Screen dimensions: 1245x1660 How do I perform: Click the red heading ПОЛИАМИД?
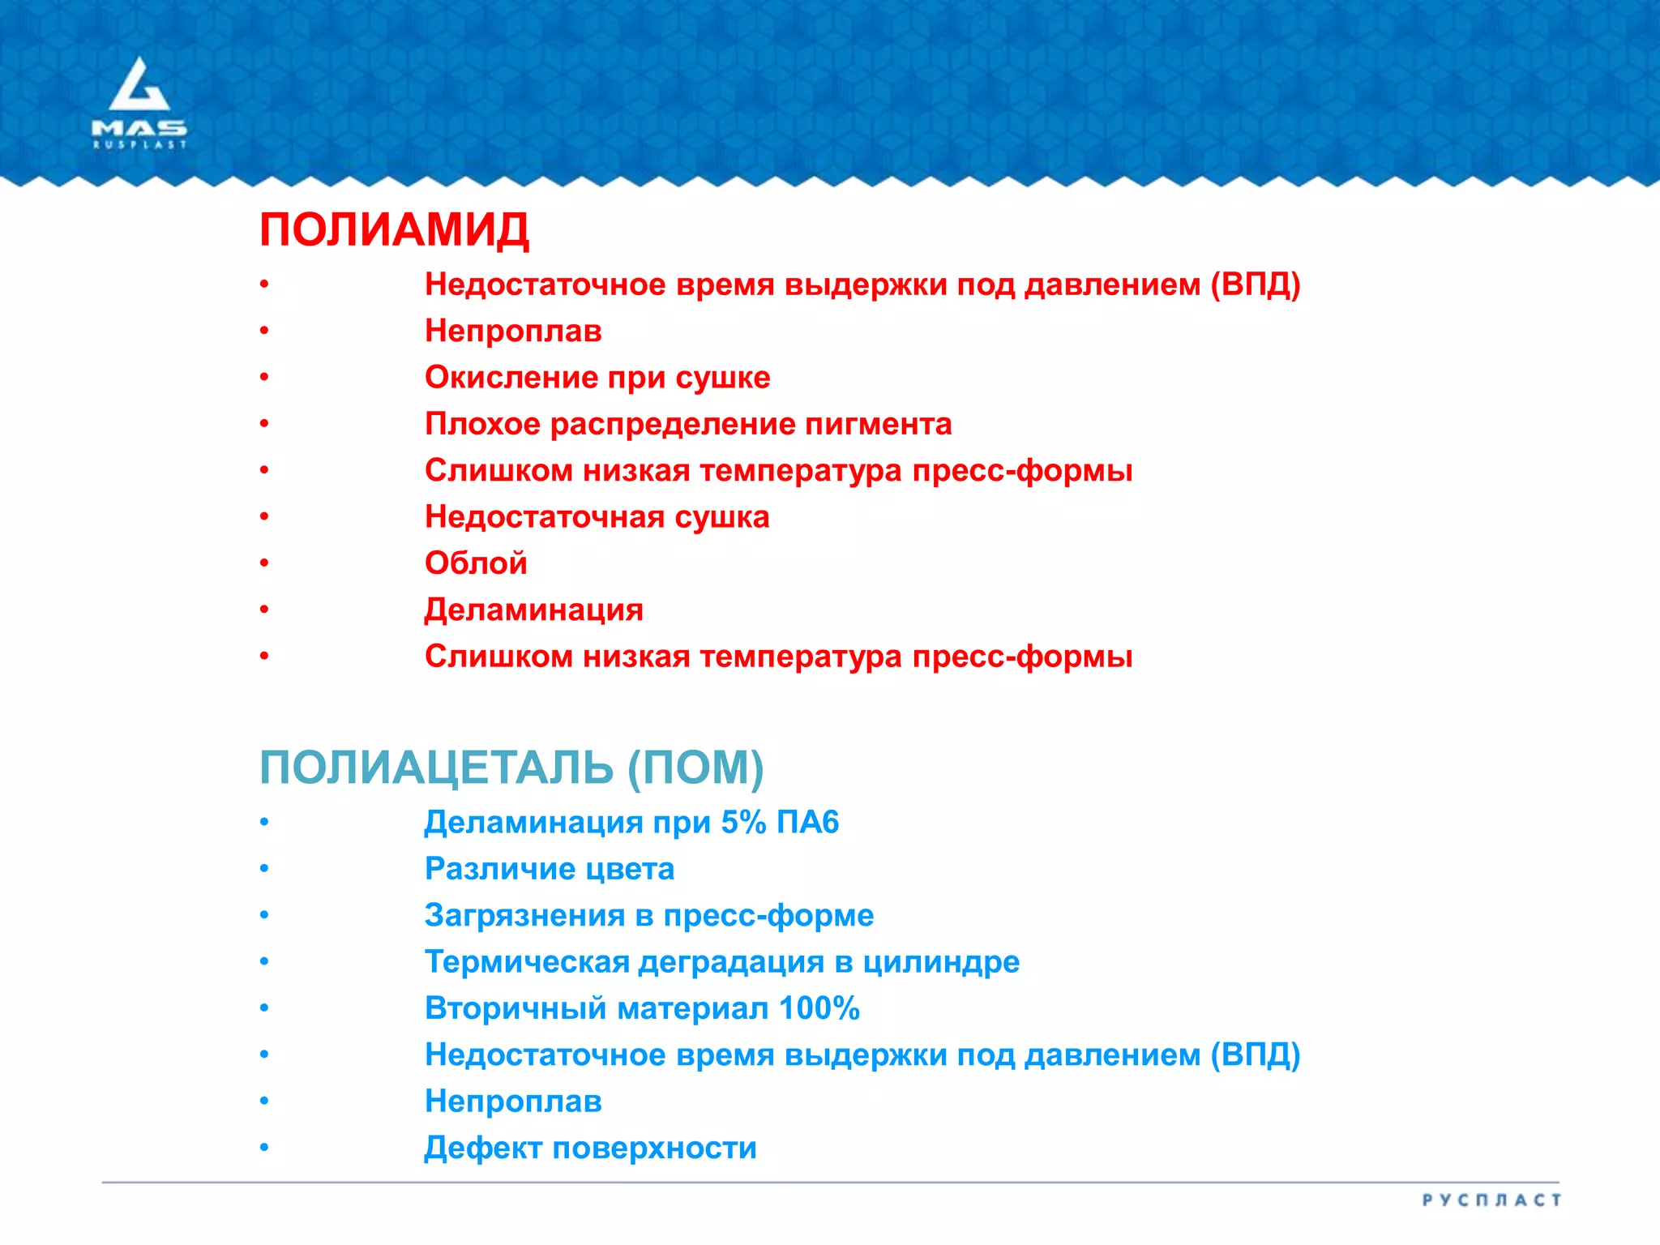pyautogui.click(x=394, y=230)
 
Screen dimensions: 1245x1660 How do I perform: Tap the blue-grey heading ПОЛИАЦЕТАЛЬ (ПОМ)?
pyautogui.click(x=511, y=767)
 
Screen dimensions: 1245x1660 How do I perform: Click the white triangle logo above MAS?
pyautogui.click(x=139, y=85)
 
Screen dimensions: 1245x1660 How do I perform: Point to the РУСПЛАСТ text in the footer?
pyautogui.click(x=1491, y=1200)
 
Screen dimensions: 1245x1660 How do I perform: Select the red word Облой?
pyautogui.click(x=476, y=563)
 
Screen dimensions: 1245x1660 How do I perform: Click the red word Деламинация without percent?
pyautogui.click(x=533, y=610)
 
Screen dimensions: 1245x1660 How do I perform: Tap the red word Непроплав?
pyautogui.click(x=513, y=331)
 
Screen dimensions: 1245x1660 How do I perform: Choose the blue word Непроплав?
pyautogui.click(x=513, y=1101)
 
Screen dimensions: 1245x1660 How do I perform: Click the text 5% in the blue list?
pyautogui.click(x=743, y=822)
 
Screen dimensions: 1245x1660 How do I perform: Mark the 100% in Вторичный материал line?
pyautogui.click(x=819, y=1008)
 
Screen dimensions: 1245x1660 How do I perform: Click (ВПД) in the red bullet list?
pyautogui.click(x=1255, y=285)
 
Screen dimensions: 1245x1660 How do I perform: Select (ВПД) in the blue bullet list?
pyautogui.click(x=1255, y=1055)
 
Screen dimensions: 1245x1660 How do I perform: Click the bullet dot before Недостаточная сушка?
pyautogui.click(x=264, y=517)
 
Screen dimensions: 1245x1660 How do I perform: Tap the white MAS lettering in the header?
pyautogui.click(x=139, y=128)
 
